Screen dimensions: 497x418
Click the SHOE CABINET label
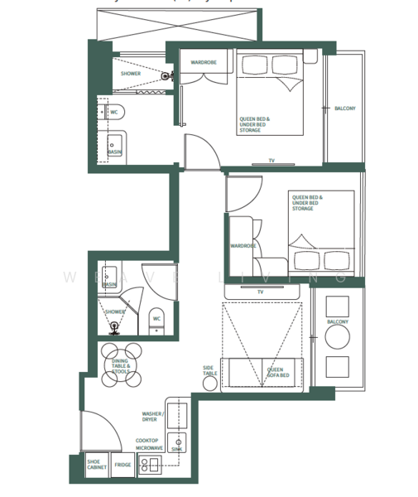[97, 466]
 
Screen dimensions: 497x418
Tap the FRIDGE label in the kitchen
[123, 466]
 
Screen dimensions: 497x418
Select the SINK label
[175, 448]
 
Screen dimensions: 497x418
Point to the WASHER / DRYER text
[153, 416]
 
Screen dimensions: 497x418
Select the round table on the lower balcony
[337, 336]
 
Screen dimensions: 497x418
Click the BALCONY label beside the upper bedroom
[345, 109]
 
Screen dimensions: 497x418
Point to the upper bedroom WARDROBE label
[204, 62]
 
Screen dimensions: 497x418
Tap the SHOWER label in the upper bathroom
[131, 74]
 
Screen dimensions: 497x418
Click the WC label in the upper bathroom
[114, 112]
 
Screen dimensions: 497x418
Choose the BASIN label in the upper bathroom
[114, 152]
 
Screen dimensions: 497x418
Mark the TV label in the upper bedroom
[271, 161]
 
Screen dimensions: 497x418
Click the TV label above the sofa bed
[260, 292]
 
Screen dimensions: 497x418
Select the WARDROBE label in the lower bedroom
[243, 246]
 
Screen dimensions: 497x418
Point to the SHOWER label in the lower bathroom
[114, 311]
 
